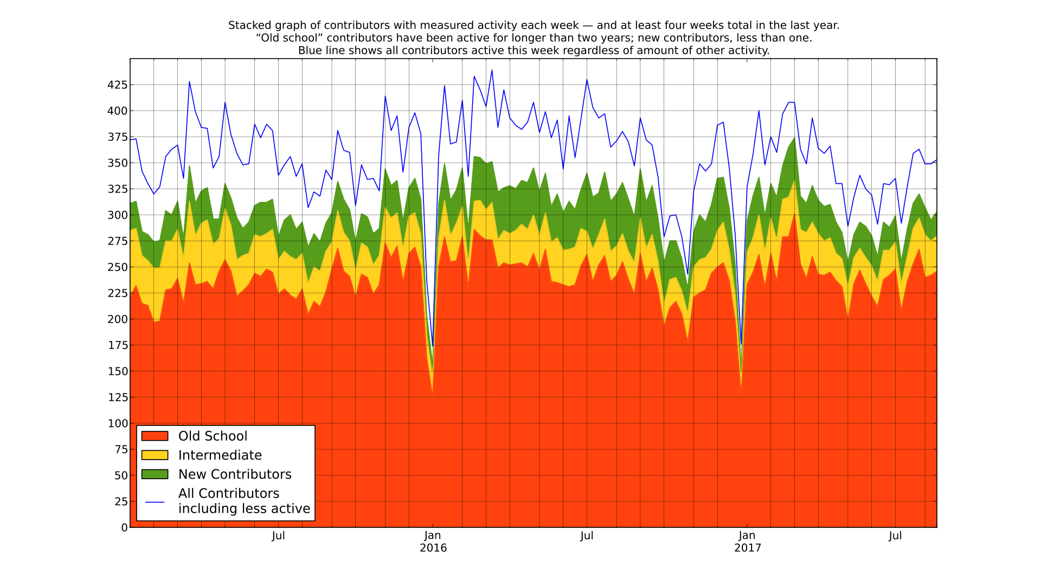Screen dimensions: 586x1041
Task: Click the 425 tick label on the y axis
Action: [x=117, y=85]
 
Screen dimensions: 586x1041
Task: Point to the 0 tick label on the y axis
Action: [x=124, y=528]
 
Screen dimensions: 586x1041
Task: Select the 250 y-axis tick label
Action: [x=117, y=267]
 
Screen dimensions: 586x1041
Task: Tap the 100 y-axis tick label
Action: [x=117, y=424]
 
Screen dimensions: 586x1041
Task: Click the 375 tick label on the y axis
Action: [x=117, y=137]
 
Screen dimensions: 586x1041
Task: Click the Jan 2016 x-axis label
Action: [x=433, y=542]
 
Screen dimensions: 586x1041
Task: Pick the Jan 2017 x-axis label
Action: [x=747, y=542]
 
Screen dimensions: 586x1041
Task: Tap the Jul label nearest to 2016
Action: [x=587, y=536]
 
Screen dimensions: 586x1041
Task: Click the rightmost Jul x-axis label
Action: [x=895, y=536]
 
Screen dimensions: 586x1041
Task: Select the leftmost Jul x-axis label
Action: [x=278, y=536]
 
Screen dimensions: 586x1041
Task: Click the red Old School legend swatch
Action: [x=155, y=436]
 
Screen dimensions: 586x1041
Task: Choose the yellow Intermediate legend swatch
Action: [x=155, y=455]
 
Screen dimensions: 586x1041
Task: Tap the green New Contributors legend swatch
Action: [x=155, y=474]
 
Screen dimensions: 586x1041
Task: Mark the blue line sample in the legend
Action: [x=155, y=502]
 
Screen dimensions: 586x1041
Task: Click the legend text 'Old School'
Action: [x=213, y=436]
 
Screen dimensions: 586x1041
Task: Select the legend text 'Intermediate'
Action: [x=220, y=455]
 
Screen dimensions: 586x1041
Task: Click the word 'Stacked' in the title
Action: [x=247, y=26]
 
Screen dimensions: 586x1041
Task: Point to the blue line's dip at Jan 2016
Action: [x=433, y=346]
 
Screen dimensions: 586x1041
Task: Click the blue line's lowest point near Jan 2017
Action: [x=741, y=344]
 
